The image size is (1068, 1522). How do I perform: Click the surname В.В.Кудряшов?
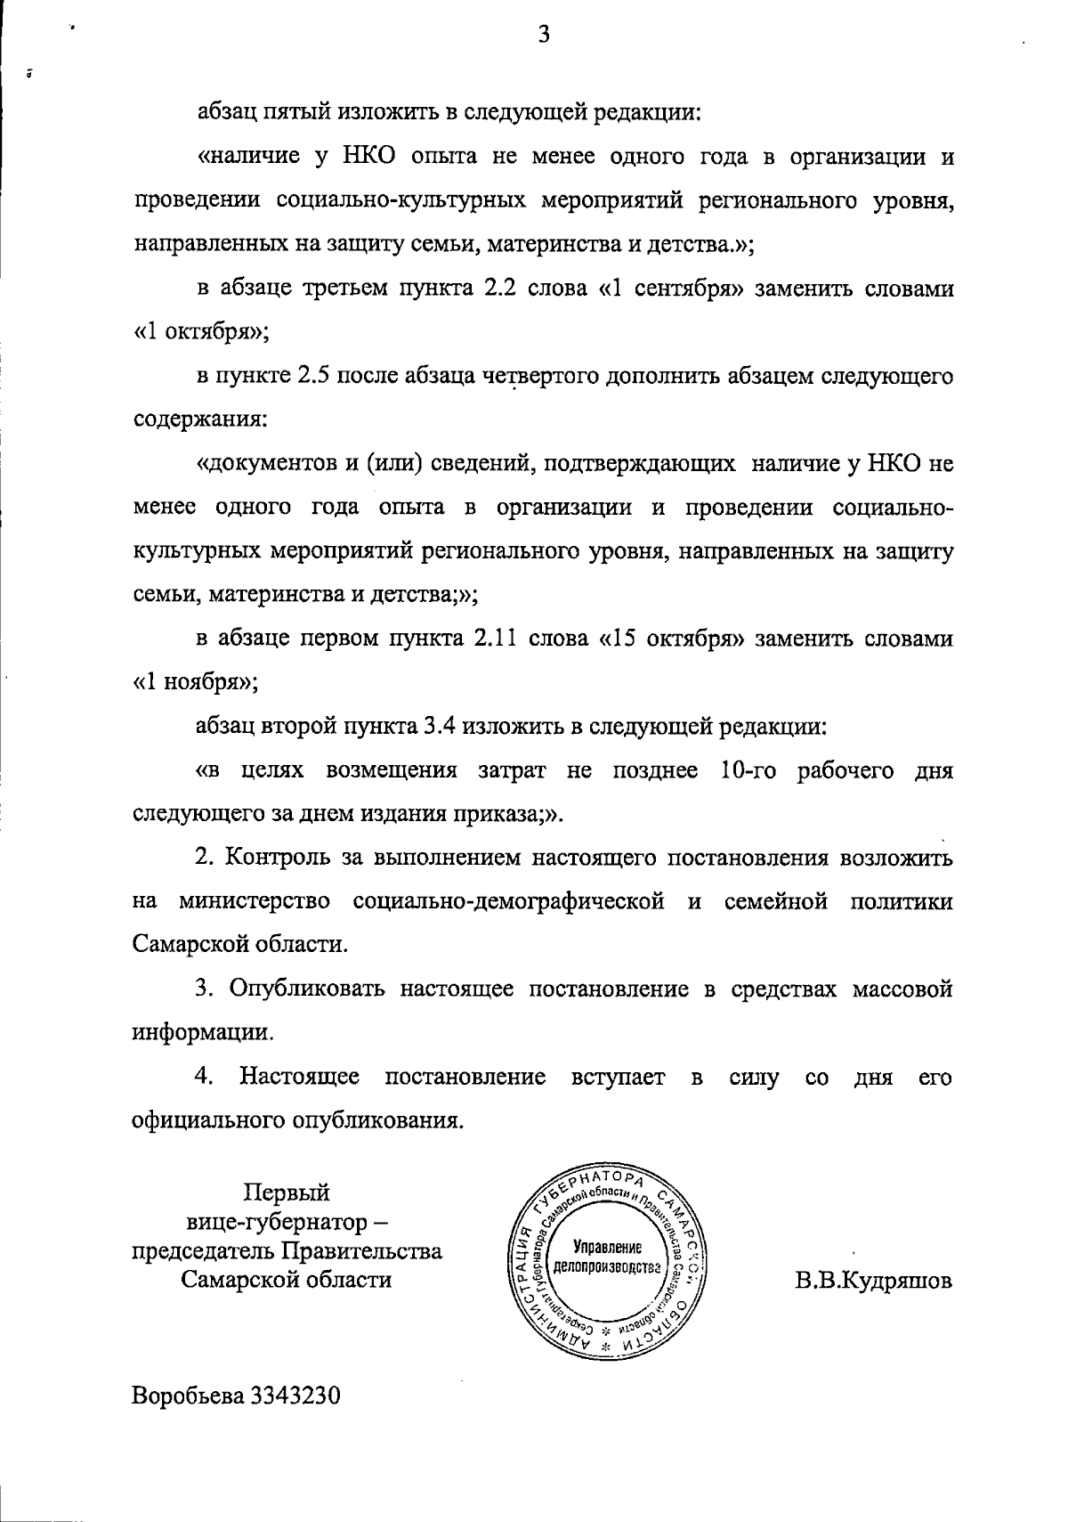[x=874, y=1281]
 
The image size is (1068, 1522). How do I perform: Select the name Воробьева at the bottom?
[x=189, y=1396]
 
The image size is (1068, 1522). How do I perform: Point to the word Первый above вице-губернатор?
[x=287, y=1192]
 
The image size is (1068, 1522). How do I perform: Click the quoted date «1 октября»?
[x=200, y=332]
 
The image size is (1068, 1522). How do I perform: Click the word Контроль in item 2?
[x=284, y=859]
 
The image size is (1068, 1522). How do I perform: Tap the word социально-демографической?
[x=508, y=901]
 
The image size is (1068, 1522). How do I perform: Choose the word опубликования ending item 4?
[x=377, y=1120]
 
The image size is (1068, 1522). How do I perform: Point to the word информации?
[x=202, y=1033]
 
